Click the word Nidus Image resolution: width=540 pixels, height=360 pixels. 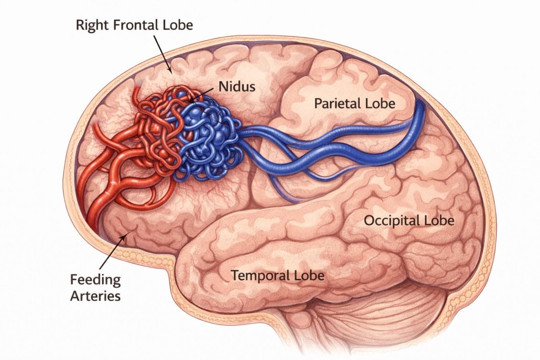[233, 86]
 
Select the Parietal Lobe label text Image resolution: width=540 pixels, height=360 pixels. [354, 103]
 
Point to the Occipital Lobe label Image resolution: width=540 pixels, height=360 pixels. [409, 220]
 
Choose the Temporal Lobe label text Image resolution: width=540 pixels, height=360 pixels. [277, 275]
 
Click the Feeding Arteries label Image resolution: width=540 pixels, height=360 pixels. [96, 287]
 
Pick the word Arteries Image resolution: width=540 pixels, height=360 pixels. [96, 296]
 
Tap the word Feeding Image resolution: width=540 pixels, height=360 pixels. [96, 279]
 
